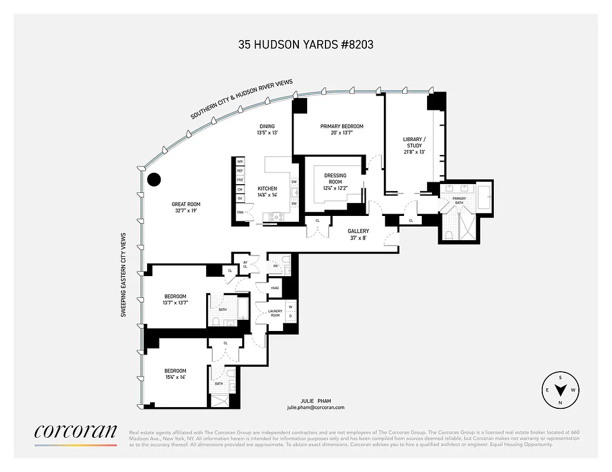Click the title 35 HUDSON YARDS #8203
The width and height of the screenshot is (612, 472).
pos(305,44)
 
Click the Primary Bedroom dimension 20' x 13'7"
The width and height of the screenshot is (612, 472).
pos(341,133)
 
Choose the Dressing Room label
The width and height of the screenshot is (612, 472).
pos(336,175)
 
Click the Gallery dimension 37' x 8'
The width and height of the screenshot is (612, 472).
pos(358,238)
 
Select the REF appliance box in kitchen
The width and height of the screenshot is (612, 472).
pos(240,171)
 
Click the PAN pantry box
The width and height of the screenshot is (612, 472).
pos(240,212)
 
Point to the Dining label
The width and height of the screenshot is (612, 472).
pos(267,126)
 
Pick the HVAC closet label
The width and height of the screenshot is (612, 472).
pos(275,288)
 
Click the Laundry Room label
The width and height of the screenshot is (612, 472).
pos(275,313)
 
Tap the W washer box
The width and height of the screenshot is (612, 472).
pos(290,306)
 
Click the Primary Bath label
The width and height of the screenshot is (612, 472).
pos(459,201)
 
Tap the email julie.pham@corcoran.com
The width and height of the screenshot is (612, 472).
pos(315,408)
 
